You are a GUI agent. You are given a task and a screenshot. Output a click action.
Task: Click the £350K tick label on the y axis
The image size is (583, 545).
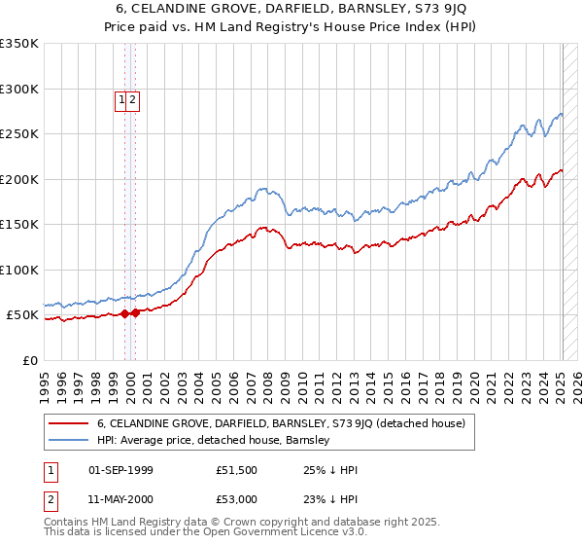point(19,44)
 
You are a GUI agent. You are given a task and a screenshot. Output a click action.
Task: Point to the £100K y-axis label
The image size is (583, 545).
point(19,271)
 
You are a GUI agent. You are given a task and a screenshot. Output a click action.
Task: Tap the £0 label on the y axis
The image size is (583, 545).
point(29,361)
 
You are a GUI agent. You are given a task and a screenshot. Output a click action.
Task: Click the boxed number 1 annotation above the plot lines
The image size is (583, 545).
point(122,98)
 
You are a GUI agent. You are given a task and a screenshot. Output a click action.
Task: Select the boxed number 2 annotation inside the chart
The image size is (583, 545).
point(133,98)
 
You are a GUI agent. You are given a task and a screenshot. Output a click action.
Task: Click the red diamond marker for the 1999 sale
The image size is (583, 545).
point(124,314)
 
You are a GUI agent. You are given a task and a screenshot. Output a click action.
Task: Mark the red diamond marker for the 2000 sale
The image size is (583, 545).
point(136,313)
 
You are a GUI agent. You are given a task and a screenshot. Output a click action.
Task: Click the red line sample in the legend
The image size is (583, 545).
point(69,423)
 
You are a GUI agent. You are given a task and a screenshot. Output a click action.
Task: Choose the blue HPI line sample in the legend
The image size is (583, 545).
point(69,440)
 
